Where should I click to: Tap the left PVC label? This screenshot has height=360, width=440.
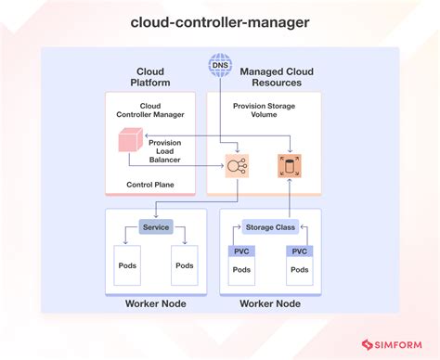coord(241,251)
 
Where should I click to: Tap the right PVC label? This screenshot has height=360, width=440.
coord(299,251)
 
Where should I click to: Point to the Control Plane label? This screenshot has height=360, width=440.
coord(150,185)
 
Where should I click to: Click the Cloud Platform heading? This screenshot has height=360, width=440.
coord(150,77)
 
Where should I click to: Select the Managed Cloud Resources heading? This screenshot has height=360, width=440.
coord(276,77)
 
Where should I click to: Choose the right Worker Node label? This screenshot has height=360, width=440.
coord(270,304)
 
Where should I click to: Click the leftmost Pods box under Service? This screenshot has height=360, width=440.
coord(126,266)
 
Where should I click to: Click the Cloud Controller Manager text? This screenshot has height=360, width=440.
coord(150,111)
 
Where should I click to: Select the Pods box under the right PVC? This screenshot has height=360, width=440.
coord(299,271)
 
